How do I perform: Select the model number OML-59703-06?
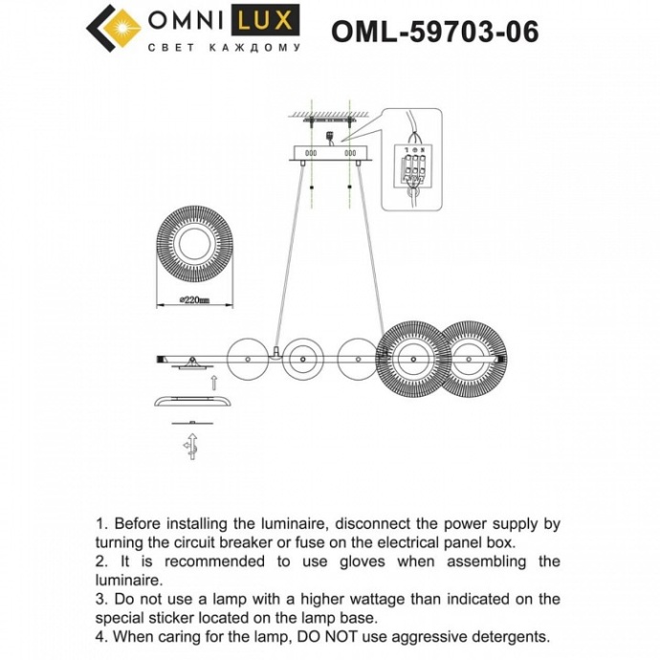pos(434,32)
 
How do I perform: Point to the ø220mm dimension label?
pos(195,300)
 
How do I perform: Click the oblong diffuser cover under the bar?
pos(192,402)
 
